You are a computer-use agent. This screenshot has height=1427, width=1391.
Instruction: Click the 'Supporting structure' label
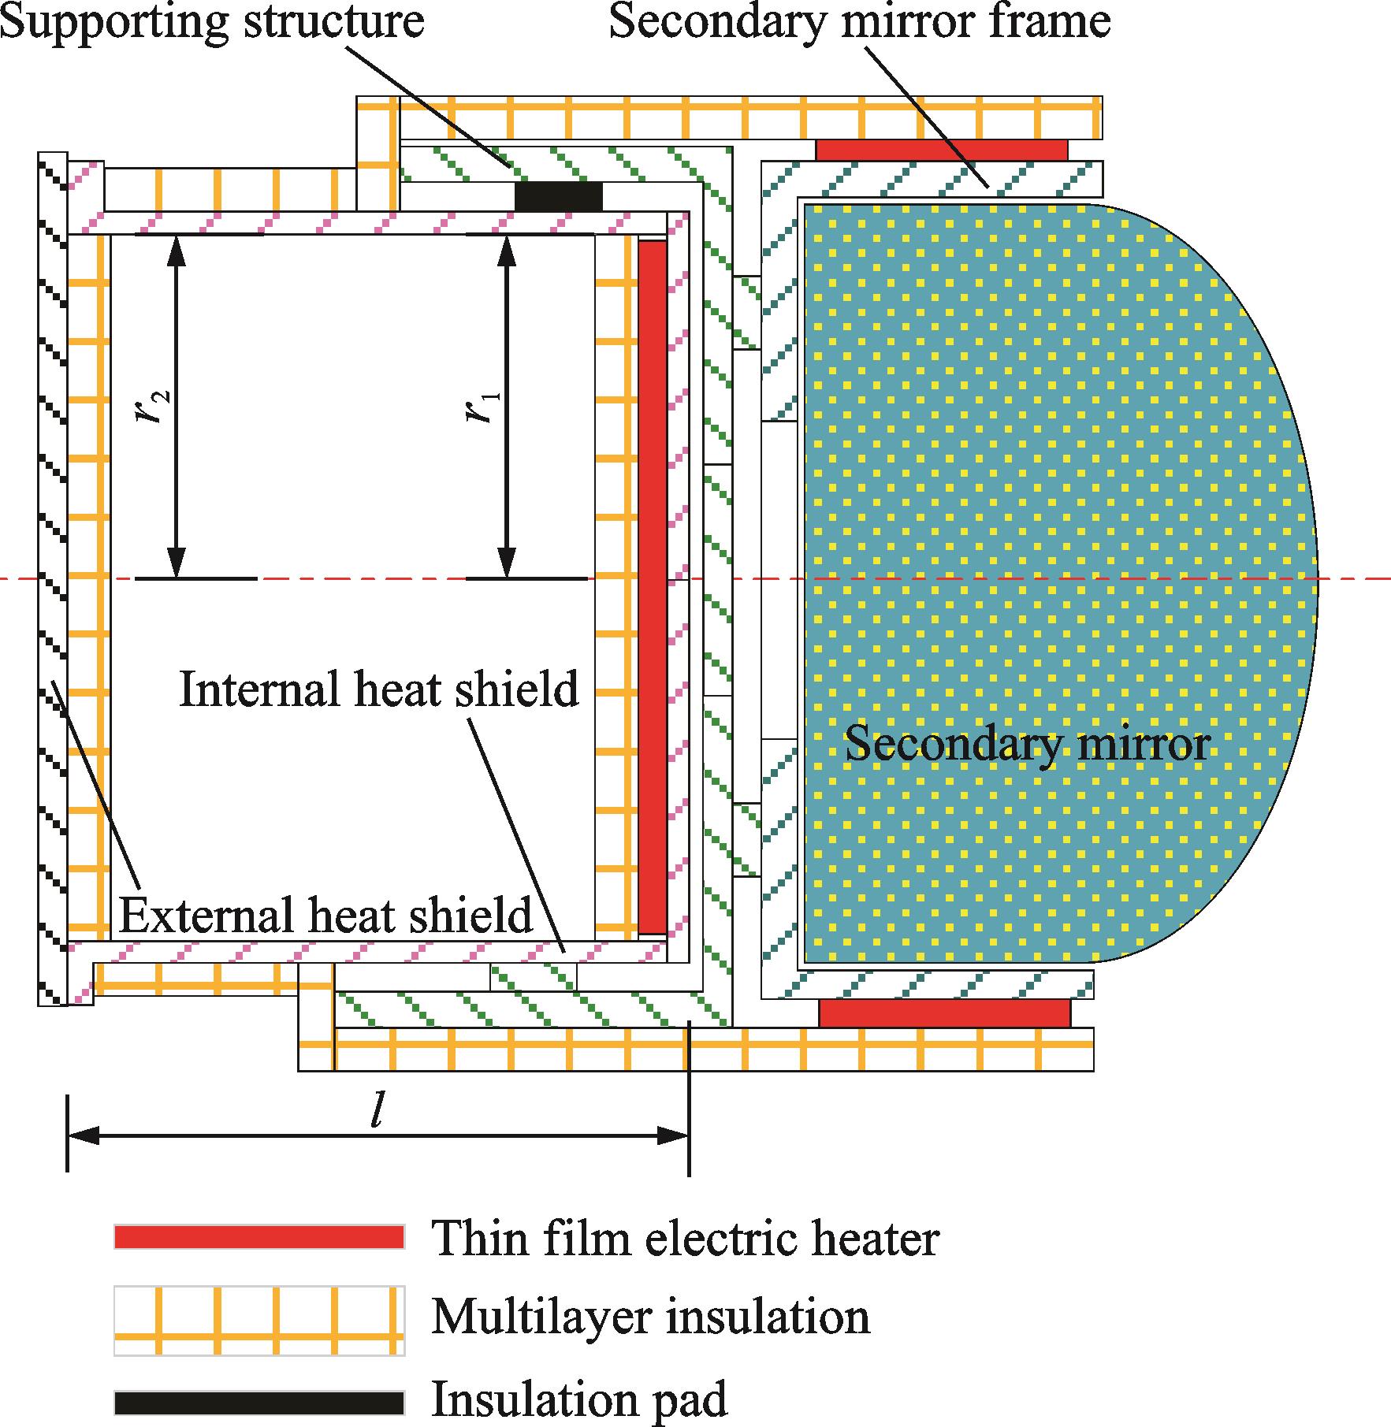pos(213,21)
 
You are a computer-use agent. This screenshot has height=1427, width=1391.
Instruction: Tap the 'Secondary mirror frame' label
pos(860,21)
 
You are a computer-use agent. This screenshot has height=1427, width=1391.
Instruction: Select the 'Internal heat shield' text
pos(379,689)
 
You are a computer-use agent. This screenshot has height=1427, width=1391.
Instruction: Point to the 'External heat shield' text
pos(325,915)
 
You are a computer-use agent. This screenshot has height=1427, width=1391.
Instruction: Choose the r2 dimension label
pos(153,407)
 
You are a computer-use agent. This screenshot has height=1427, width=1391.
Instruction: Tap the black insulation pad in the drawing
pos(558,196)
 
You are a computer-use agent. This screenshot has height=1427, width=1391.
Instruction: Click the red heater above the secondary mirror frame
pos(941,150)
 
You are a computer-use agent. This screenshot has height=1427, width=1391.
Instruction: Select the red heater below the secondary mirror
pos(944,1013)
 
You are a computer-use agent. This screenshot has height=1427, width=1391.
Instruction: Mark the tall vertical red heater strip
pos(652,587)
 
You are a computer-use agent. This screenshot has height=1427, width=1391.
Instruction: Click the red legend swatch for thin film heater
pos(258,1236)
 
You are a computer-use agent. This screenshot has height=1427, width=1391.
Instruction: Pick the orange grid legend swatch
pos(258,1320)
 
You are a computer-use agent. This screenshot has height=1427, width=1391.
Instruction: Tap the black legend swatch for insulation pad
pos(258,1403)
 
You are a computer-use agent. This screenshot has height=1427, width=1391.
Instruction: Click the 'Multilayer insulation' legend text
pos(650,1318)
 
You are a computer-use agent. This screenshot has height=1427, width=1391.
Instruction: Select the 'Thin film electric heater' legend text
pos(685,1238)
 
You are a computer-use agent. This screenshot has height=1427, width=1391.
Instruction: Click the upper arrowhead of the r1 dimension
pos(506,248)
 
